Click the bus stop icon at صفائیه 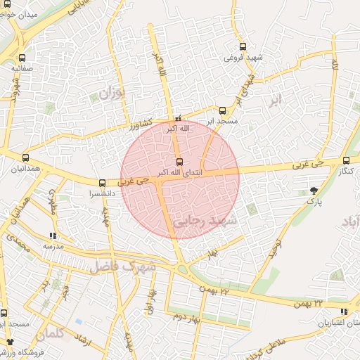point(23,58)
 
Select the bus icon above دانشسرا point(103,182)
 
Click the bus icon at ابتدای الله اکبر point(179,162)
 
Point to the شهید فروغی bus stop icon point(243,46)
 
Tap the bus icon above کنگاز point(345,160)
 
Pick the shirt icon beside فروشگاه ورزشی point(10,341)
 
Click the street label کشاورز point(143,126)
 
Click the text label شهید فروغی point(244,57)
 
